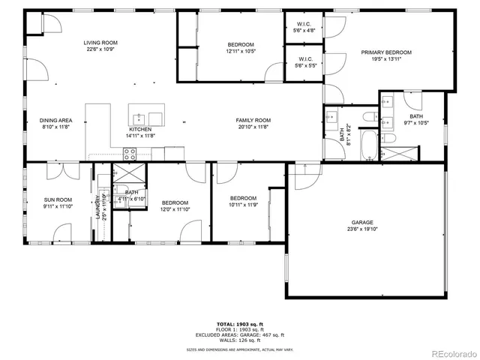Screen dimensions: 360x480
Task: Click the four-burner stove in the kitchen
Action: (129, 154)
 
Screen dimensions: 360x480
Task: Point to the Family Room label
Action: (253, 120)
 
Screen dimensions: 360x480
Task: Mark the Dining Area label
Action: (56, 120)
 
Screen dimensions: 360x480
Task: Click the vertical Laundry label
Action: (97, 203)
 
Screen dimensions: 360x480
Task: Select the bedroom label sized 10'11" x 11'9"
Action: (244, 198)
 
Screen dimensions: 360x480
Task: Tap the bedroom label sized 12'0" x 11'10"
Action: (175, 202)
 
